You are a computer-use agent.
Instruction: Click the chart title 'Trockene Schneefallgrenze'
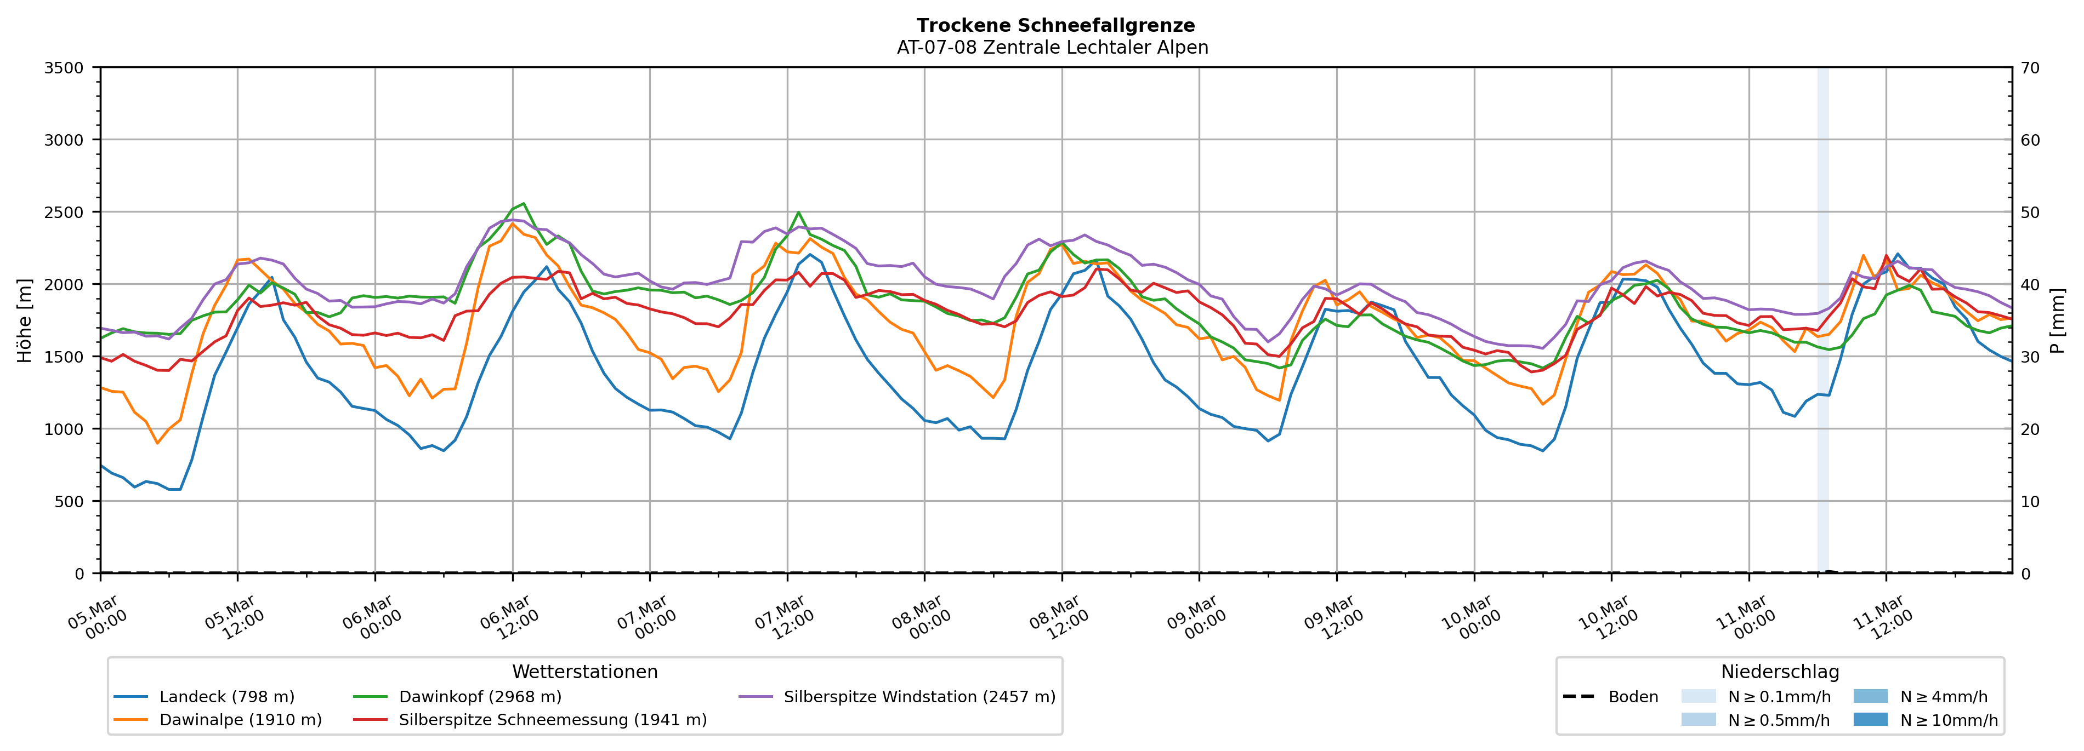tap(1055, 26)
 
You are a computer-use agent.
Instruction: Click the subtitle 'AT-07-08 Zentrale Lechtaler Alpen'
tap(1052, 48)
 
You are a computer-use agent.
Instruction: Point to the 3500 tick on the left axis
tap(64, 68)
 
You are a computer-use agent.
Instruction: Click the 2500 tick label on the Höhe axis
tap(64, 213)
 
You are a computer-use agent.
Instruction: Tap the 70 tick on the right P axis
tap(2030, 68)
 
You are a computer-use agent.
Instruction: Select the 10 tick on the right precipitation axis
tap(2030, 501)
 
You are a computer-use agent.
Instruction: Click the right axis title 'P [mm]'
tap(2057, 321)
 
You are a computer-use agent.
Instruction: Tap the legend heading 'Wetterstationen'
tap(585, 672)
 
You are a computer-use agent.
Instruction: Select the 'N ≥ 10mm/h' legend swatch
tap(1870, 719)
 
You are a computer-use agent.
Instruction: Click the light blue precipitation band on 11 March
tap(1822, 323)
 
